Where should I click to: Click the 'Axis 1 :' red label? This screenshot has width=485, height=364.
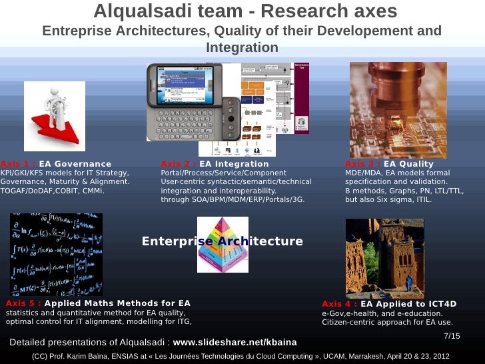pyautogui.click(x=18, y=164)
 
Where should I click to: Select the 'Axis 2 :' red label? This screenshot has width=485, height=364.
pyautogui.click(x=179, y=164)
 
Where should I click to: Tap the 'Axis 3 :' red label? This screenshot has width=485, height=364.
pyautogui.click(x=363, y=164)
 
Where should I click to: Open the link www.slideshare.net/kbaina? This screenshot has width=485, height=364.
pyautogui.click(x=235, y=343)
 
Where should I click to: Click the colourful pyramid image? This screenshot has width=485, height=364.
pyautogui.click(x=223, y=245)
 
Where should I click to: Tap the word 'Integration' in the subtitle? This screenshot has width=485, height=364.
pyautogui.click(x=242, y=47)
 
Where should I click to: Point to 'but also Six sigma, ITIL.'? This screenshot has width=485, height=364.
pyautogui.click(x=388, y=199)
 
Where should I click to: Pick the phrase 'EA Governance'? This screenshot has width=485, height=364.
pyautogui.click(x=75, y=164)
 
